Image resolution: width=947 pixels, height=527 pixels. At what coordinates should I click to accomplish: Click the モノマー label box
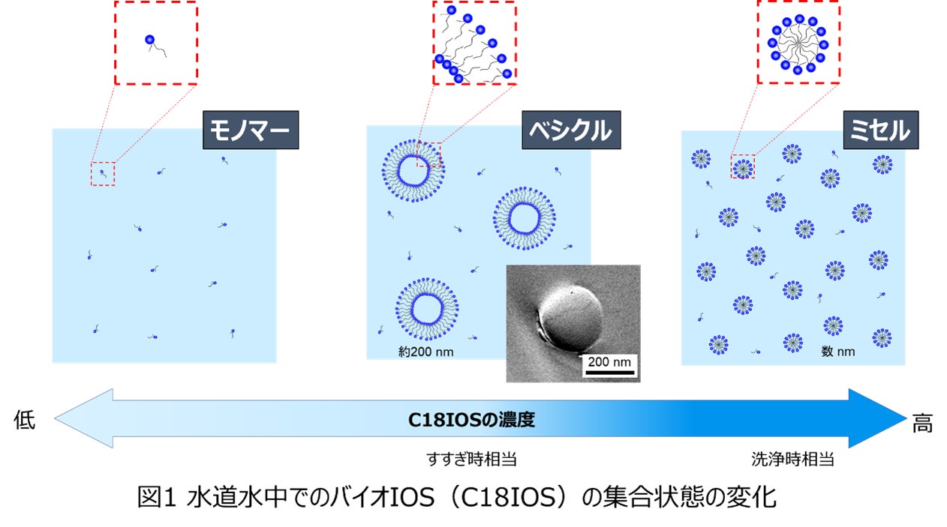click(251, 130)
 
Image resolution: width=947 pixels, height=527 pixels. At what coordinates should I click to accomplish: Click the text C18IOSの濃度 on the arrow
click(471, 419)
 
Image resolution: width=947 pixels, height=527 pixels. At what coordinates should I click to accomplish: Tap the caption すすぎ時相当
click(471, 459)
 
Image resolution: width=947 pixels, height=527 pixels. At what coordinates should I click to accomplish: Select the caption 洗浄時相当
click(792, 459)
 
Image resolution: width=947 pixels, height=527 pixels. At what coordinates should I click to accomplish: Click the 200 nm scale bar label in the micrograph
click(609, 362)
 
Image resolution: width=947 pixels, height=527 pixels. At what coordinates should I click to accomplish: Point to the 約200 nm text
click(428, 350)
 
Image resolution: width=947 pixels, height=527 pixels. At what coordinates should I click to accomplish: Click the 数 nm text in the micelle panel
click(838, 352)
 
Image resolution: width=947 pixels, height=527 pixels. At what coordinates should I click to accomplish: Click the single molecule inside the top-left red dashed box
click(153, 43)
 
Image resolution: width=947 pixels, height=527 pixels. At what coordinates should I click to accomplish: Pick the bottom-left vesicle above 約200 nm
click(427, 310)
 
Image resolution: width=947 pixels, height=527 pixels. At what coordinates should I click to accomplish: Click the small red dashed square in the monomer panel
click(103, 174)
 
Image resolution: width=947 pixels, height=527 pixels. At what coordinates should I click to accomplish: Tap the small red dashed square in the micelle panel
click(742, 167)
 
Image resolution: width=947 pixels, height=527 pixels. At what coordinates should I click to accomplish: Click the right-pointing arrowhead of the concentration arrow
click(882, 418)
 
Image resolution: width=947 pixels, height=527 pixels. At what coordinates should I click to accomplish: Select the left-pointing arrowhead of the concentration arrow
click(83, 418)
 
